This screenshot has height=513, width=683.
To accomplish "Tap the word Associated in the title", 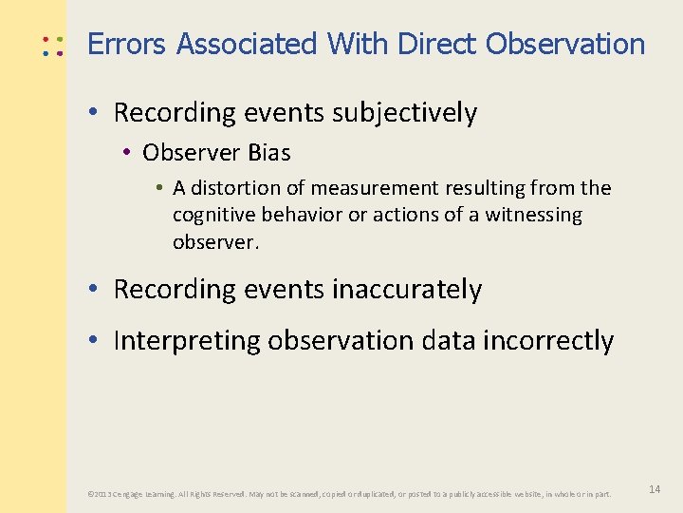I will point(247,44).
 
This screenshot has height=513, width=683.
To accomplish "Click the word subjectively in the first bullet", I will point(405,113).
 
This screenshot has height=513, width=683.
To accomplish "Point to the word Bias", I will point(269,153).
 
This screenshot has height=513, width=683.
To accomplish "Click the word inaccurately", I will point(407,290).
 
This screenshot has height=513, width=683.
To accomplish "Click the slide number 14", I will point(655,489).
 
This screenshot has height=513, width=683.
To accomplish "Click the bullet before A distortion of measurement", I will point(157,188).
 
